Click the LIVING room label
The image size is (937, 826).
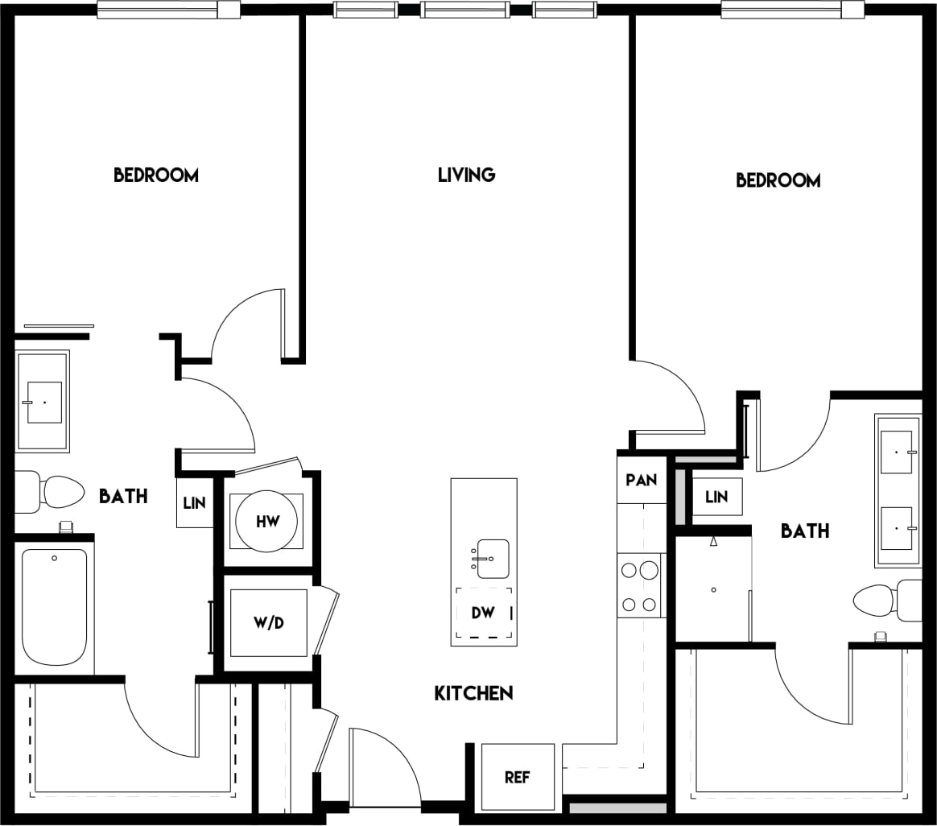(466, 175)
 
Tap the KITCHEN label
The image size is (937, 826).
(473, 693)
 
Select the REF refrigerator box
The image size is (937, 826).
(518, 777)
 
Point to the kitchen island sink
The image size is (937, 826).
(492, 559)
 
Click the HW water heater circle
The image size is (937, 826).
(267, 522)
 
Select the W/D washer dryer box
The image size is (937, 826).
(268, 623)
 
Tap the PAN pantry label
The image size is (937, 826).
(642, 480)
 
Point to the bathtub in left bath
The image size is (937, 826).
(55, 606)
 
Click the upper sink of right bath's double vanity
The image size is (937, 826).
(896, 452)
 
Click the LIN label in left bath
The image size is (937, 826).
(194, 503)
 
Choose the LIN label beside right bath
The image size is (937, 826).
(716, 497)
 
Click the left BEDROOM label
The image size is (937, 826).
(155, 175)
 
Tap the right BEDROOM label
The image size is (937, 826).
(778, 180)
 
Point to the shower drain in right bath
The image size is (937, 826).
(713, 590)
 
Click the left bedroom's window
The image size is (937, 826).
(168, 10)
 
